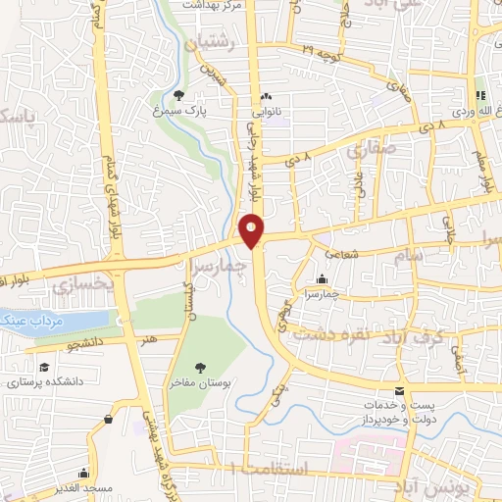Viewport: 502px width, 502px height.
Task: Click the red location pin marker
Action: pos(251,229)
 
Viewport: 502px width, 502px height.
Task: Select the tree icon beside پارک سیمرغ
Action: pos(178,95)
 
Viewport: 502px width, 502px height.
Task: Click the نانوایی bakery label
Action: pos(266,113)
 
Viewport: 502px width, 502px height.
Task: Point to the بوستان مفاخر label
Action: pos(200,384)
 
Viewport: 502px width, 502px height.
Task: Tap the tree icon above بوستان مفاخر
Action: pos(200,367)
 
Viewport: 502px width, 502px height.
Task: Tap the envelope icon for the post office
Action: pos(398,390)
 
